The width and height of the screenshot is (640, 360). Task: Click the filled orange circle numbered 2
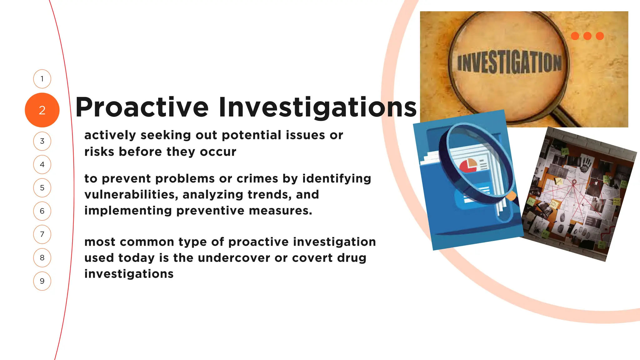[x=42, y=110]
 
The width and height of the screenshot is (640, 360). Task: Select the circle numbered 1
[x=42, y=79]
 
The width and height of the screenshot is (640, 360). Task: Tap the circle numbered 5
[x=42, y=188]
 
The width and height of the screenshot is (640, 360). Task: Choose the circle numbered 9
[x=42, y=281]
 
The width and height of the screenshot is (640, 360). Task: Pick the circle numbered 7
[x=42, y=234]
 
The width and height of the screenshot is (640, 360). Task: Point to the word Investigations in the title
[x=317, y=107]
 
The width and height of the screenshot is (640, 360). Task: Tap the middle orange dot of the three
[x=587, y=36]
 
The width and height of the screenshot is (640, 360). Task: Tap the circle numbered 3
[x=42, y=141]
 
